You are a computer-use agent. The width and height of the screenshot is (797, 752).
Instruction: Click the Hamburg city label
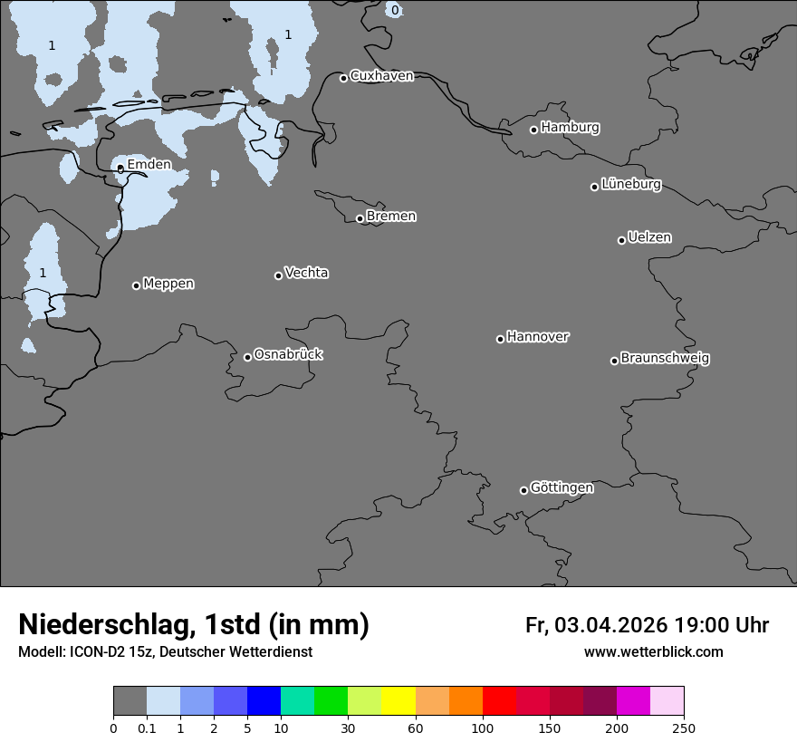pyautogui.click(x=570, y=128)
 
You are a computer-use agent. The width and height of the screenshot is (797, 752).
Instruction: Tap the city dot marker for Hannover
pyautogui.click(x=500, y=339)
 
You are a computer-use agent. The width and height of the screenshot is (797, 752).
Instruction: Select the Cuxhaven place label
pyautogui.click(x=381, y=76)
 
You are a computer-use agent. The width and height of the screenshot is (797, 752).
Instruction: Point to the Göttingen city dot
pyautogui.click(x=523, y=490)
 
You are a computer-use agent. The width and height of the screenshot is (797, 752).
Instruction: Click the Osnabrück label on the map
pyautogui.click(x=288, y=354)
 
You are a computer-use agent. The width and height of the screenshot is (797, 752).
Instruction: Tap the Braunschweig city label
pyautogui.click(x=665, y=359)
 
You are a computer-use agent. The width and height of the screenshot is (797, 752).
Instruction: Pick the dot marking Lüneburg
pyautogui.click(x=594, y=187)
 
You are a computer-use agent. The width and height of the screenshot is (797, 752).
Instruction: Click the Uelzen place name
pyautogui.click(x=649, y=237)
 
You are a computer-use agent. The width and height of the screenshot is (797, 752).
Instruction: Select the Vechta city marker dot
pyautogui.click(x=278, y=275)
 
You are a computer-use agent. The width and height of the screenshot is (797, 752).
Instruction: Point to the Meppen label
pyautogui.click(x=168, y=284)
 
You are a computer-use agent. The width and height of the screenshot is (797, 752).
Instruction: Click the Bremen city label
pyautogui.click(x=391, y=217)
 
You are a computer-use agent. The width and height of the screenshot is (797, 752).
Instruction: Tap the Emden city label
pyautogui.click(x=149, y=164)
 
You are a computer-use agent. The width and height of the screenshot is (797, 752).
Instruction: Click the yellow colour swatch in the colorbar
pyautogui.click(x=398, y=701)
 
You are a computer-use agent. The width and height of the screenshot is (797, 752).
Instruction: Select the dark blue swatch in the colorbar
pyautogui.click(x=264, y=701)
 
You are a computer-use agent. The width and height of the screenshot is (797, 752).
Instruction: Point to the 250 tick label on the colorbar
pyautogui.click(x=684, y=728)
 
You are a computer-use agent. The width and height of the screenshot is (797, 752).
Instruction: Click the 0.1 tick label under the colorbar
pyautogui.click(x=147, y=728)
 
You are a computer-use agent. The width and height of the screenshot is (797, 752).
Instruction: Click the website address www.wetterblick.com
pyautogui.click(x=653, y=652)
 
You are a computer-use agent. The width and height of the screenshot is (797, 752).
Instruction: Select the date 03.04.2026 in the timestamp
pyautogui.click(x=610, y=625)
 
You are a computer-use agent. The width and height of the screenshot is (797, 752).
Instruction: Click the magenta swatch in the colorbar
pyautogui.click(x=633, y=701)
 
